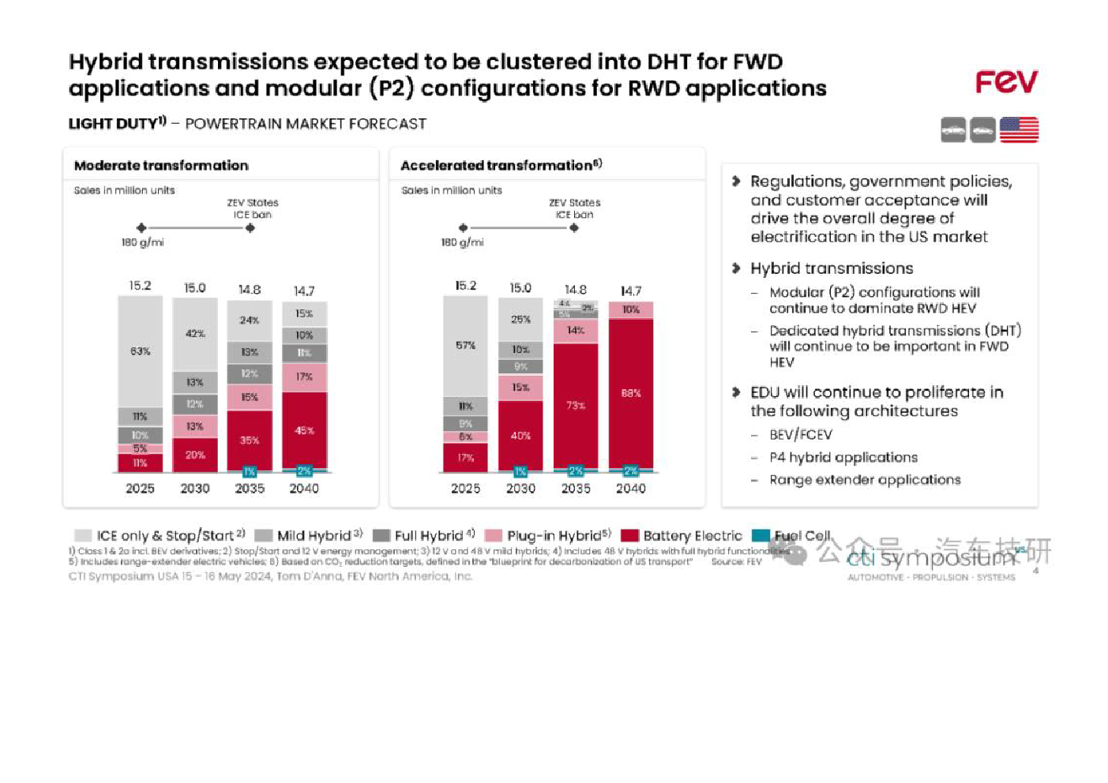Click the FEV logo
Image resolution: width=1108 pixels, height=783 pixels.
(x=1006, y=81)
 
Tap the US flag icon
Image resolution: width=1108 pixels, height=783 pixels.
(x=1019, y=129)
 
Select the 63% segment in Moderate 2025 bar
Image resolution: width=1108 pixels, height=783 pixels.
(x=141, y=351)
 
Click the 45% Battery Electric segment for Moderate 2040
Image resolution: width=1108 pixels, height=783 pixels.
(x=304, y=430)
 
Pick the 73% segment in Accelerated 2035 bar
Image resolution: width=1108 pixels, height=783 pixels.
(x=576, y=406)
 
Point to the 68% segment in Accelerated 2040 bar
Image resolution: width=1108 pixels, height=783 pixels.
(x=631, y=393)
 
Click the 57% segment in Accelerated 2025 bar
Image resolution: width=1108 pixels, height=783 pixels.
(x=465, y=346)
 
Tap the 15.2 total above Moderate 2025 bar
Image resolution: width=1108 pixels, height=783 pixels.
(x=141, y=285)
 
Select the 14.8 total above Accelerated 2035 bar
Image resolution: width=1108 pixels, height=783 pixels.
(x=576, y=290)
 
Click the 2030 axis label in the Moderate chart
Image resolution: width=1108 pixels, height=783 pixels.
(x=195, y=489)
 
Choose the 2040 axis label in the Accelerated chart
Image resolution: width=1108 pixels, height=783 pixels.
(x=631, y=489)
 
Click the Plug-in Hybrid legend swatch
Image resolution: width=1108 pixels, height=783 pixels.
(x=494, y=536)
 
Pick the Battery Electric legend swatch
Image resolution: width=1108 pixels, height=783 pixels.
(x=629, y=536)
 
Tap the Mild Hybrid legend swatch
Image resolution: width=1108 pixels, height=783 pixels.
(x=264, y=536)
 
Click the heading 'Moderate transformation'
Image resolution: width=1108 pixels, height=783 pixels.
(x=161, y=165)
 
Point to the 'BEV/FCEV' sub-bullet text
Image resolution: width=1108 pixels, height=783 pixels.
(x=801, y=435)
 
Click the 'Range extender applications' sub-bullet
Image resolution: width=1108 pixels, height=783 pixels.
(x=865, y=480)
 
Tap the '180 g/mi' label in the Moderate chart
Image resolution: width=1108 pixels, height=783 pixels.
(x=142, y=242)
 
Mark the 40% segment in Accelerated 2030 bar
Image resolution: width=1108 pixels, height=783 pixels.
(x=520, y=436)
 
